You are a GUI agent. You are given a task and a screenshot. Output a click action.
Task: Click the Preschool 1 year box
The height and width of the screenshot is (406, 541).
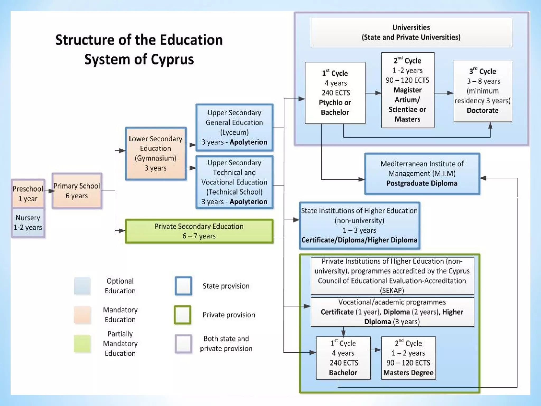tap(28, 193)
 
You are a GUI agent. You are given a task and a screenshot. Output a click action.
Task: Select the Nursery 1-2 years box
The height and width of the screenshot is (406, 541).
tap(28, 223)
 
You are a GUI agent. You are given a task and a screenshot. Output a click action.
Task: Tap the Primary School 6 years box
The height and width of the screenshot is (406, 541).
tap(77, 191)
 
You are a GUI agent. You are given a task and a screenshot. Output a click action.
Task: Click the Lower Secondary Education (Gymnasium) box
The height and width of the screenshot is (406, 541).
tap(156, 154)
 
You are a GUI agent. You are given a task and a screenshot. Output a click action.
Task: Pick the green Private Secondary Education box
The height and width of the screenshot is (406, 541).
tap(199, 231)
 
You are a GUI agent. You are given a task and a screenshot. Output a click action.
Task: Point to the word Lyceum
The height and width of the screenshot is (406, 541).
tap(234, 132)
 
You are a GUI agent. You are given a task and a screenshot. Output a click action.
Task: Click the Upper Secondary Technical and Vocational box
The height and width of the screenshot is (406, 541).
tap(234, 182)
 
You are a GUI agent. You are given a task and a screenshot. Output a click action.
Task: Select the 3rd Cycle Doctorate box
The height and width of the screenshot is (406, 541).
tap(483, 91)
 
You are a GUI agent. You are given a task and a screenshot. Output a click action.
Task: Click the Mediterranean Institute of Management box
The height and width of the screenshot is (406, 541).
tap(422, 174)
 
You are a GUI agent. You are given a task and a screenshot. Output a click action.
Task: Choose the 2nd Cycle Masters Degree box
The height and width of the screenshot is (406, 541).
tap(408, 358)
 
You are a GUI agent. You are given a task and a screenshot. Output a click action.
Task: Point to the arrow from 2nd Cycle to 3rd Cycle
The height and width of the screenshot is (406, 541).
tap(444, 93)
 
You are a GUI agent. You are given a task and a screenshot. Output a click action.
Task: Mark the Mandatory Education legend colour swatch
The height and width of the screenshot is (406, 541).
tap(82, 315)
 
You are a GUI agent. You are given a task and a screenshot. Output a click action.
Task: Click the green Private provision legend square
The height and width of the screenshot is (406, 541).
tap(183, 315)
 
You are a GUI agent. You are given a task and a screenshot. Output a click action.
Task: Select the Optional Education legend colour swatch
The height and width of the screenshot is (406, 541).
tap(82, 286)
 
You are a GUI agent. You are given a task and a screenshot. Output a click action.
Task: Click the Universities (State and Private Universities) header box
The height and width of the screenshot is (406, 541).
tap(411, 32)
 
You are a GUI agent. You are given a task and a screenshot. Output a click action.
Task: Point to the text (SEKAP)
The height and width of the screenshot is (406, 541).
tap(392, 290)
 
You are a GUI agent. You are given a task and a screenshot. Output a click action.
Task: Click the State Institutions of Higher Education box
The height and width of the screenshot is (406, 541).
tap(359, 225)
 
